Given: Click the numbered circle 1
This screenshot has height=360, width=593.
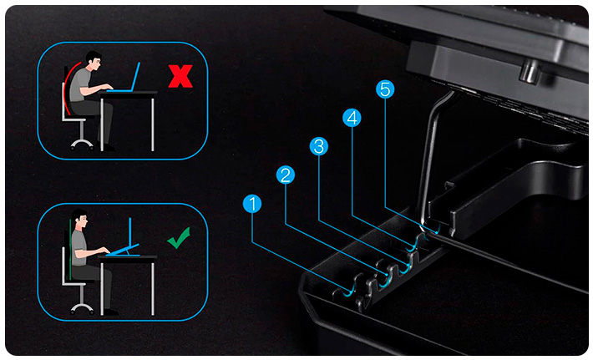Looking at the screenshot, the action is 252,204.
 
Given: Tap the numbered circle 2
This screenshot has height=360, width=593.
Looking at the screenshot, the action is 286,175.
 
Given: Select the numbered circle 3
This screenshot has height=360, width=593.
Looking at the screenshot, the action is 319,146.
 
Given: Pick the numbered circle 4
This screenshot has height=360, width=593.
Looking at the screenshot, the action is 352,118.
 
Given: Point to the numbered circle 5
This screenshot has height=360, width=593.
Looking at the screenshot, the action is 385,89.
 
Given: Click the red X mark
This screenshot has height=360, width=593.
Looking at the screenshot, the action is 180,76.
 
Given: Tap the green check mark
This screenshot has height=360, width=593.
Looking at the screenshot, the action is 179,238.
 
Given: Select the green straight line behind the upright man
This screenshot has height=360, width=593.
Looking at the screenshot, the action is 70,249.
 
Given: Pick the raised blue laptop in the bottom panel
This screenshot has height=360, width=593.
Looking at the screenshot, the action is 124,242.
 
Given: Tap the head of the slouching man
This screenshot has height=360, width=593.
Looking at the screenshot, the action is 93,60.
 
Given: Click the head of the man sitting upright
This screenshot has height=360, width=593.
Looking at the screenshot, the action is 79,220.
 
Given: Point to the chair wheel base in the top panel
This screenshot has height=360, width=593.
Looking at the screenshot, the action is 82,144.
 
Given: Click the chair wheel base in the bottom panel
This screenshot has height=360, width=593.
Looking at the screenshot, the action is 82,308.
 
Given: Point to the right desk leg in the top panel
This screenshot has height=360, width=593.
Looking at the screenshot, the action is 153,124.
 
